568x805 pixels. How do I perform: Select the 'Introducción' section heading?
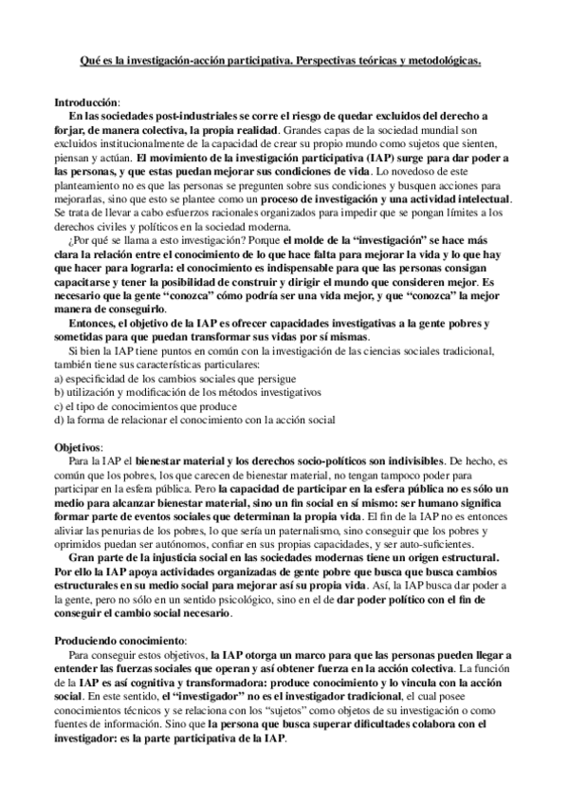point(86,102)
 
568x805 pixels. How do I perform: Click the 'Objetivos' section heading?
point(80,445)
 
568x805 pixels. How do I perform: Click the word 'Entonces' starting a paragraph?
point(96,323)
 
